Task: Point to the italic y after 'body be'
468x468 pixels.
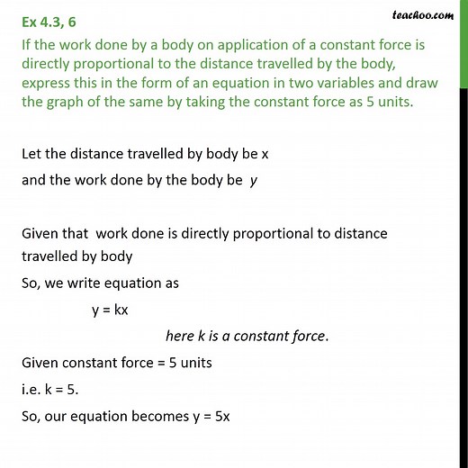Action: click(255, 179)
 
